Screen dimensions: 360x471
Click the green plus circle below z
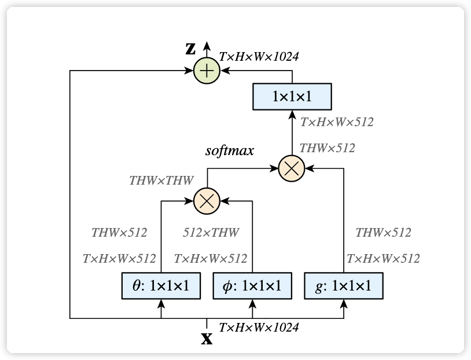[207, 71]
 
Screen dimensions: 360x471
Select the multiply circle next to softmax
[292, 168]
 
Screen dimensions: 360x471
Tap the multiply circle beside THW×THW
[207, 200]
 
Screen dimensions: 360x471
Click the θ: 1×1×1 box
[160, 285]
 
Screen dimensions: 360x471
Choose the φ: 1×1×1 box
[252, 285]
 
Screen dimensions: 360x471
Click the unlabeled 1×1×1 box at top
[292, 96]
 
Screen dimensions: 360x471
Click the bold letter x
[206, 338]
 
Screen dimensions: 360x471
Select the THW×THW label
[161, 181]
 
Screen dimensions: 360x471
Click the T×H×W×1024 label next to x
[259, 328]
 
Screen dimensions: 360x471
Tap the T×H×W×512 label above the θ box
[119, 258]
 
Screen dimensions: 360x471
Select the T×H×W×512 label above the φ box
[211, 258]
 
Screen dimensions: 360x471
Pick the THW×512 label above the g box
[383, 233]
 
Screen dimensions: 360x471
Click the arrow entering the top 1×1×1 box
[292, 115]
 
